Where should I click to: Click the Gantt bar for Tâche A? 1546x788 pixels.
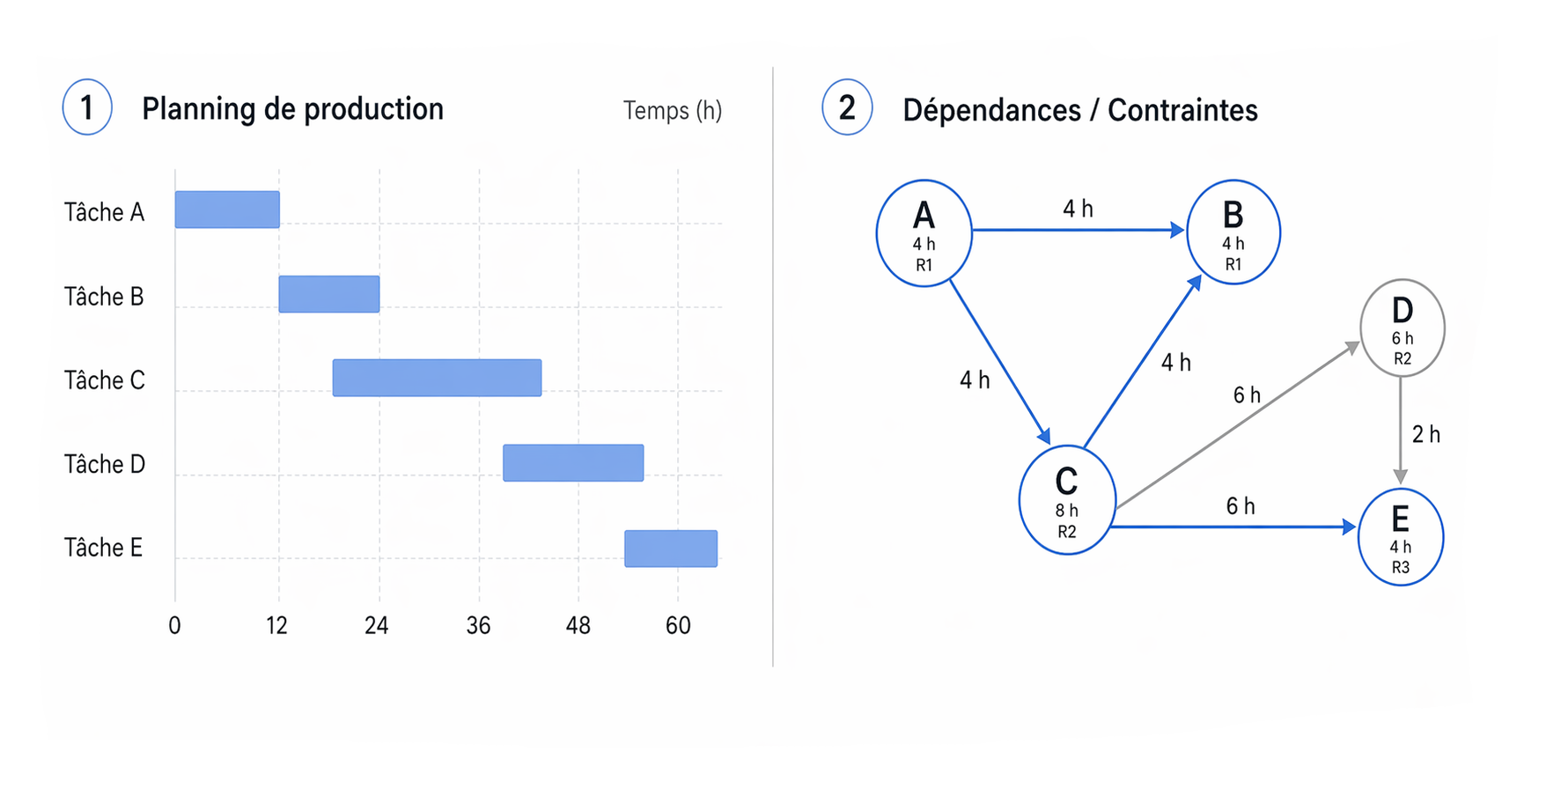[x=227, y=210]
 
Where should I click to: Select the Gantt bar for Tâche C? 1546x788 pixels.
[x=437, y=378]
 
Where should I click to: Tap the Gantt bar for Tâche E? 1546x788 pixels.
[x=671, y=549]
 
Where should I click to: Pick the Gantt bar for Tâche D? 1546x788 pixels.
[x=573, y=463]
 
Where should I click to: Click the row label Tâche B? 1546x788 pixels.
[x=104, y=297]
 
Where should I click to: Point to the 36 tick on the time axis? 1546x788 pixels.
[x=478, y=626]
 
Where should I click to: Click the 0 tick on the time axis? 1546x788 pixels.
[x=174, y=626]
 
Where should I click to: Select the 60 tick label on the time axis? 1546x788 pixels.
[x=678, y=626]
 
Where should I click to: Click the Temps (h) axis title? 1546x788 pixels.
[x=673, y=111]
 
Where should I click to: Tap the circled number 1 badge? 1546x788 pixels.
[x=87, y=107]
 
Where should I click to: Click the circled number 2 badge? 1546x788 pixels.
[x=847, y=107]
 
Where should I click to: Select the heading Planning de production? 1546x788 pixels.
[x=292, y=109]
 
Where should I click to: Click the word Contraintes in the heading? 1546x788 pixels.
[x=1182, y=111]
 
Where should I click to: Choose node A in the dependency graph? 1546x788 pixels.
[x=924, y=233]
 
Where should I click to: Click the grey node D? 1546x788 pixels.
[x=1402, y=328]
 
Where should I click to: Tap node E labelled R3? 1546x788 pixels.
[x=1401, y=537]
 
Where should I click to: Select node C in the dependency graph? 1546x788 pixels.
[x=1067, y=500]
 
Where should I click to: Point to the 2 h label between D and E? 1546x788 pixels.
[x=1426, y=434]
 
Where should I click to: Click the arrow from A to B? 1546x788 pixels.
[x=1079, y=230]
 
